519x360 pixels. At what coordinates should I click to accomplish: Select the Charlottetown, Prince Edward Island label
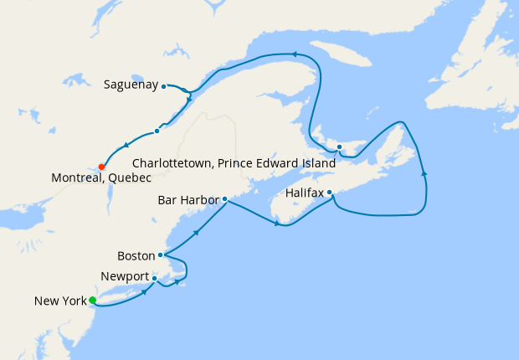234,163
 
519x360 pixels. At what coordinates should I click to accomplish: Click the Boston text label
136,255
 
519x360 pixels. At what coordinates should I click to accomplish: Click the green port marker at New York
93,301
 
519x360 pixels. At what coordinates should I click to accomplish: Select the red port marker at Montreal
101,166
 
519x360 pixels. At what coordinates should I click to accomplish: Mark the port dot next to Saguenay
163,85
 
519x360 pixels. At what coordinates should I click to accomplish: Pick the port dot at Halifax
330,193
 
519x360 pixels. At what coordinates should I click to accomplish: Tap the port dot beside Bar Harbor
224,199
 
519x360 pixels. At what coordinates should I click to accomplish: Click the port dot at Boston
160,255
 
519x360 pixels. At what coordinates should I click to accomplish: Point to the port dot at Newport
155,278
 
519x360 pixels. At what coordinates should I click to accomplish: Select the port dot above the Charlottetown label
339,147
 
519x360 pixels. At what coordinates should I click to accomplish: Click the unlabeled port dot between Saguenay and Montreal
157,131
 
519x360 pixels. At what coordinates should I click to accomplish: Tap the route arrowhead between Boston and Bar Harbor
196,232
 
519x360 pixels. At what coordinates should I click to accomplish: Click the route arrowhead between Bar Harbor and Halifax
276,223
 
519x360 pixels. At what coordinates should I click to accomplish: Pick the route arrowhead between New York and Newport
146,291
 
